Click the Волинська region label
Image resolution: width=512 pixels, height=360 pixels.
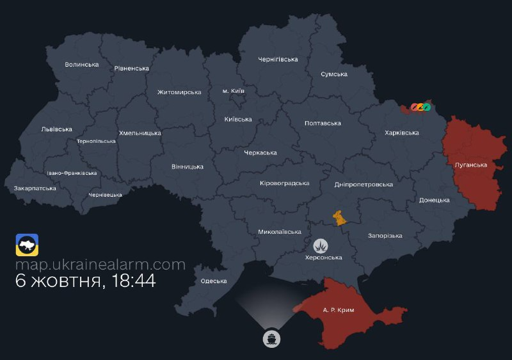point(82,65)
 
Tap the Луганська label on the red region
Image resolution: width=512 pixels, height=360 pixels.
point(470,165)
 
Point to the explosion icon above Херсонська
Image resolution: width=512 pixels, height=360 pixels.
point(321,245)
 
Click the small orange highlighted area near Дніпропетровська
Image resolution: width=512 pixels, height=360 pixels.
point(338,217)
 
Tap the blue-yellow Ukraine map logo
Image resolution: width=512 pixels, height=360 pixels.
point(27,245)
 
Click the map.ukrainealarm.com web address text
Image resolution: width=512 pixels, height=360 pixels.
point(100,265)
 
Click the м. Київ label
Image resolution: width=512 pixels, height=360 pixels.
point(233,90)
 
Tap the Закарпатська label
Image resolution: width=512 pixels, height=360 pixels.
point(35,188)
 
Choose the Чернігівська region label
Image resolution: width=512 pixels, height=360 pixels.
point(278,60)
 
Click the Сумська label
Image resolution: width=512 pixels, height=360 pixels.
point(334,74)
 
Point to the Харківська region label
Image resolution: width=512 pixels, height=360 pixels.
point(402,133)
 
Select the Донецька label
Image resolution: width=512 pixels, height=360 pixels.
point(435,200)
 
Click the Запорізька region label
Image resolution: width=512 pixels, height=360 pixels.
point(385,236)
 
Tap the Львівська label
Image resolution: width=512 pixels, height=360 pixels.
point(56,129)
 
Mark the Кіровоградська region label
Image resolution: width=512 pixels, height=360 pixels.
point(284,183)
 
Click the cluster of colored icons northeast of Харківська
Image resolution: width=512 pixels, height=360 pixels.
point(420,106)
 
